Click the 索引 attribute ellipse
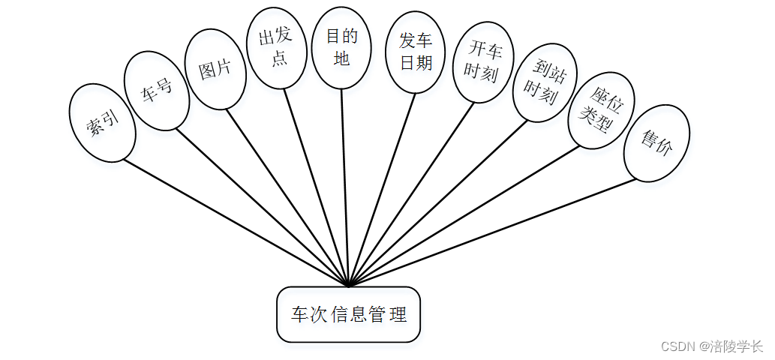102,122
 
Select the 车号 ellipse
157,90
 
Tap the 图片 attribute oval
216,69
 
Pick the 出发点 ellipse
277,49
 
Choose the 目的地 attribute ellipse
341,47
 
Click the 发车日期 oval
416,52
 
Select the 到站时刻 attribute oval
544,82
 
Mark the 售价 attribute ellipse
656,142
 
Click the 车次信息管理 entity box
348,314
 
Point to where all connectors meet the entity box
349,286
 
